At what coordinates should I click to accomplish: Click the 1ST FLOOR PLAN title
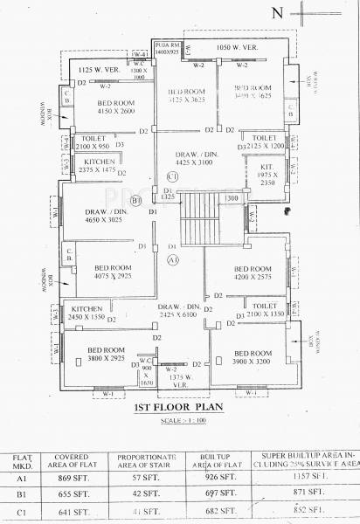pos(181,407)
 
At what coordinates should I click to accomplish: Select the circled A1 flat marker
pos(172,259)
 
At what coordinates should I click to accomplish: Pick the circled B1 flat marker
pos(135,200)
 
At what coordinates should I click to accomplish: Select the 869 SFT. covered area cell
pos(69,479)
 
